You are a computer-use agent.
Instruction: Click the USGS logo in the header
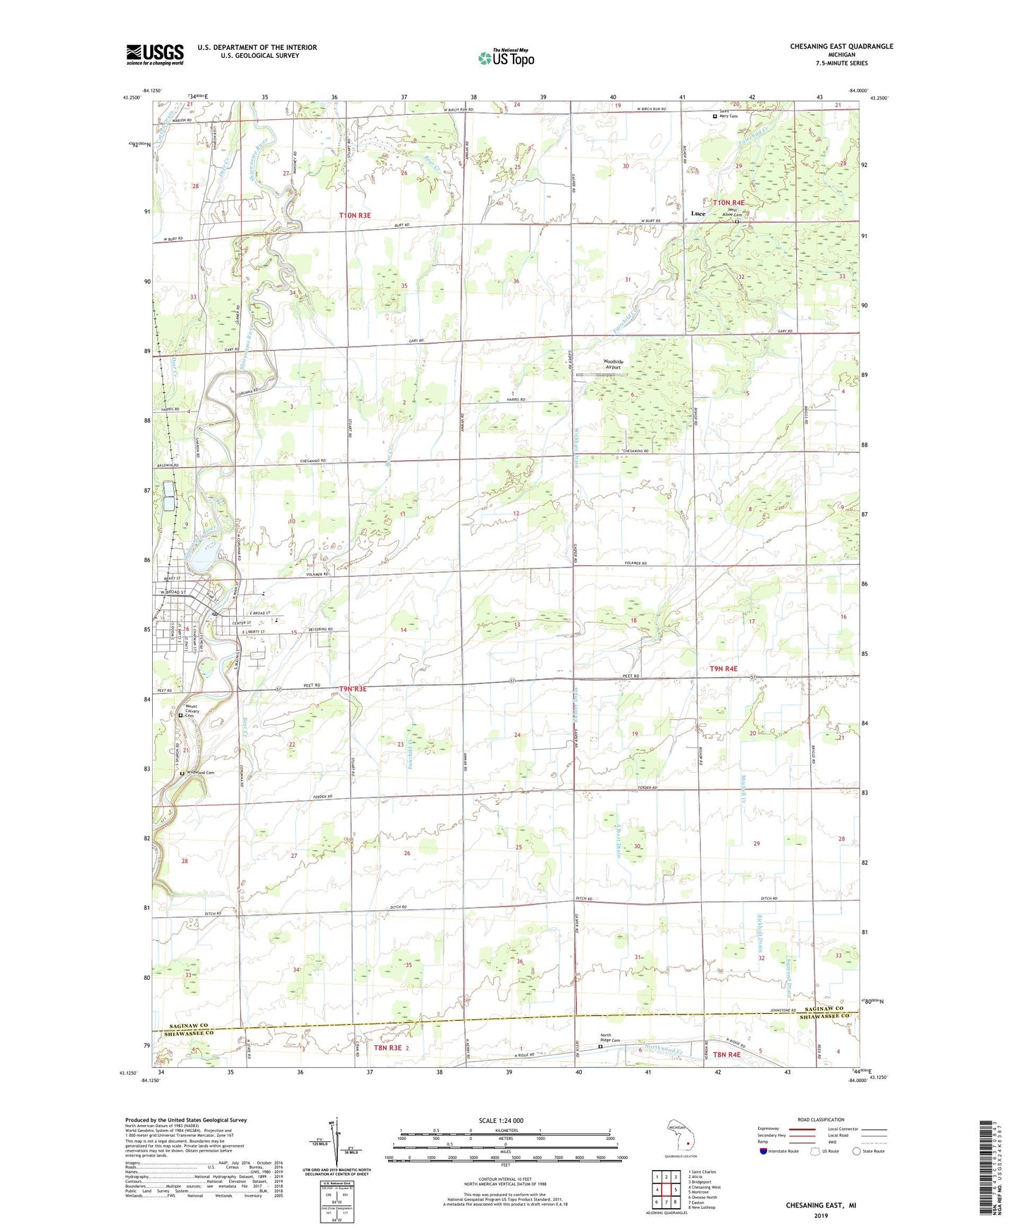click(x=155, y=54)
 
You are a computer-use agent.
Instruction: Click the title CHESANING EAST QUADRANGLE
click(x=841, y=46)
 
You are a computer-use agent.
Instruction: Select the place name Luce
click(x=698, y=213)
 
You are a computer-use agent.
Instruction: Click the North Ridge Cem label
click(x=610, y=1041)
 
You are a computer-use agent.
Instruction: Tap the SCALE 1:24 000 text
click(x=501, y=1120)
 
